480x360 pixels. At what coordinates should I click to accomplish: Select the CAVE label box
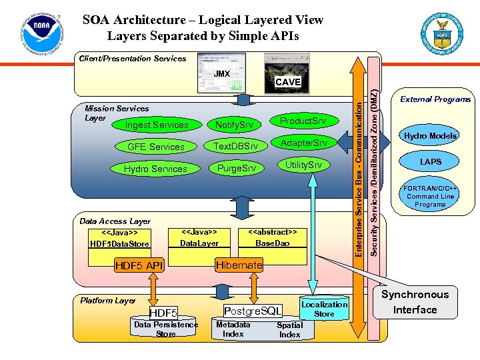pos(289,82)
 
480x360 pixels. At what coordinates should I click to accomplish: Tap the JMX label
pos(222,73)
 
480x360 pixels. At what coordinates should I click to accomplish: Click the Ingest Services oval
pos(157,125)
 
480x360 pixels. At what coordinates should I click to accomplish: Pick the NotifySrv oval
pos(234,125)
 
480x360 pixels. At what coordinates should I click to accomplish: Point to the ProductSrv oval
pos(303,121)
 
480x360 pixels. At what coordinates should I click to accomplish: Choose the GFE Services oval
pos(156,147)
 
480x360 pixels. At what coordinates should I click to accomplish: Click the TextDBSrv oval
pos(235,147)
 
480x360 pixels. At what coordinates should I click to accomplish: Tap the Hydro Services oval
pos(155,169)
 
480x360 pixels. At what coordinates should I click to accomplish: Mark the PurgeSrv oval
pos(236,168)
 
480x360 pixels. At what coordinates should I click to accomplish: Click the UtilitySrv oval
pos(303,165)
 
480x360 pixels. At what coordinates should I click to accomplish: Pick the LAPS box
pos(430,162)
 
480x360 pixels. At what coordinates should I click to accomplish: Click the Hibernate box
pos(239,265)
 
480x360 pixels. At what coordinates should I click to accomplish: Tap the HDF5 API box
pos(139,266)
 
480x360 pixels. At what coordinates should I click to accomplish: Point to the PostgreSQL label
pos(253,311)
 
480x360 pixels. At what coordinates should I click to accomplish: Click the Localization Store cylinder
pos(324,309)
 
